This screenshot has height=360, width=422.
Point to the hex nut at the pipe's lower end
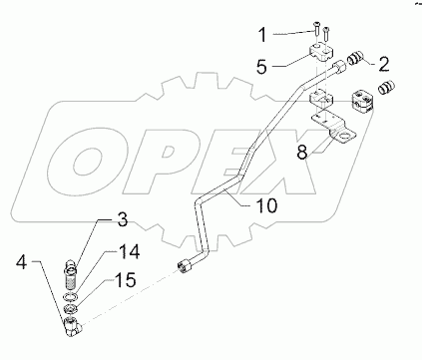185,266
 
